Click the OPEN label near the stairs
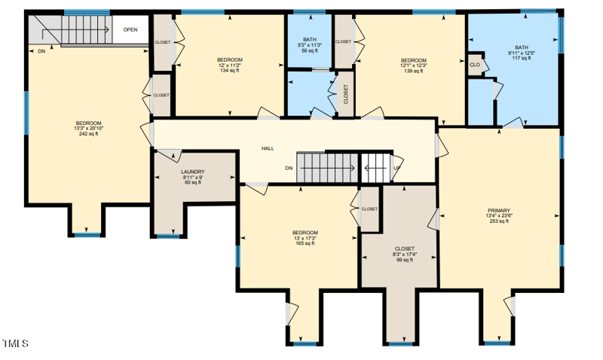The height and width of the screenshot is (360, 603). pyautogui.click(x=130, y=29)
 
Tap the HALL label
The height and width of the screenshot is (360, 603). pyautogui.click(x=268, y=148)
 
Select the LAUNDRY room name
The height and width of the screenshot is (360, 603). pyautogui.click(x=193, y=172)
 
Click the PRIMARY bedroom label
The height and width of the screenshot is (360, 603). pyautogui.click(x=499, y=211)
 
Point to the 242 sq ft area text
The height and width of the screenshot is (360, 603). pyautogui.click(x=88, y=134)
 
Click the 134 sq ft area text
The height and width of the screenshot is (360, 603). pyautogui.click(x=230, y=70)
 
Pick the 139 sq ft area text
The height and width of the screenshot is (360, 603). pyautogui.click(x=413, y=71)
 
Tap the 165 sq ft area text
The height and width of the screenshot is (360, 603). pyautogui.click(x=305, y=243)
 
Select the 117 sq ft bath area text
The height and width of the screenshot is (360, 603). pyautogui.click(x=522, y=58)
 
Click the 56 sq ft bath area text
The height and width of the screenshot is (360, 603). pyautogui.click(x=310, y=50)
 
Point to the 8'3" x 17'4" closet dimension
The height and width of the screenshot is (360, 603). pyautogui.click(x=405, y=255)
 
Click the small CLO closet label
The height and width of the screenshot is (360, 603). pyautogui.click(x=475, y=65)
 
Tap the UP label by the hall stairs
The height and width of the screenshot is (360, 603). pyautogui.click(x=397, y=168)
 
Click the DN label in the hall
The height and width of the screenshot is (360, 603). pyautogui.click(x=289, y=168)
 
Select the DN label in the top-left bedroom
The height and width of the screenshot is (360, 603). pyautogui.click(x=41, y=51)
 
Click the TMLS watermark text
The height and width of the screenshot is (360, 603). pyautogui.click(x=15, y=343)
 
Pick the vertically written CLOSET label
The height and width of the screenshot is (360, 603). pyautogui.click(x=346, y=94)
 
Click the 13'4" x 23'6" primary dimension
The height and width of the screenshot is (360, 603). pyautogui.click(x=499, y=216)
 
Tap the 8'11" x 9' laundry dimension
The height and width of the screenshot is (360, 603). pyautogui.click(x=193, y=177)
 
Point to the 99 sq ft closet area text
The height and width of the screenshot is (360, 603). pyautogui.click(x=405, y=260)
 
